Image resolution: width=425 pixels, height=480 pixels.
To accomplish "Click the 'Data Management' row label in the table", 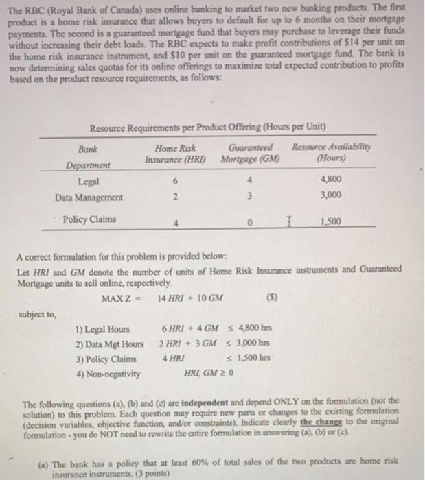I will point(89,197).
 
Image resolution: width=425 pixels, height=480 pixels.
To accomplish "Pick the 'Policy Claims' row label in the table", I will point(89,219).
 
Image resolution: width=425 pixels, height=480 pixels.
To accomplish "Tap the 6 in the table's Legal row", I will point(176,182).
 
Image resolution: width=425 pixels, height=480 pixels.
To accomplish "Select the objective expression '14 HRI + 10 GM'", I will point(189,298).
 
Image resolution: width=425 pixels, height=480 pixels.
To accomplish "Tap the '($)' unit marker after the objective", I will point(281,298).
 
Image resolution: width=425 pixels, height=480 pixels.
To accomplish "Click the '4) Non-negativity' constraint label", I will point(108,374).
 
